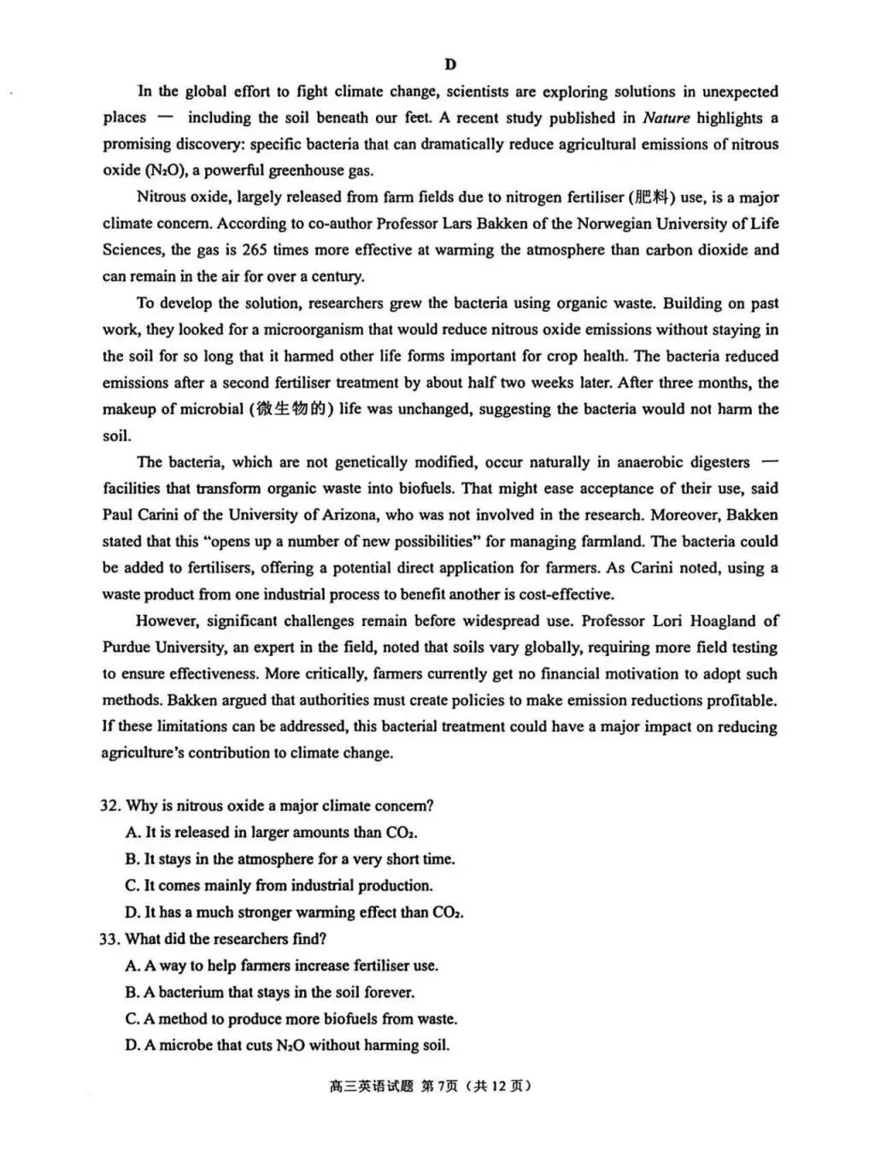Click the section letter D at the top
pos(450,65)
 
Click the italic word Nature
pos(666,118)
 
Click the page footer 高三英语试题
pos(370,1087)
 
